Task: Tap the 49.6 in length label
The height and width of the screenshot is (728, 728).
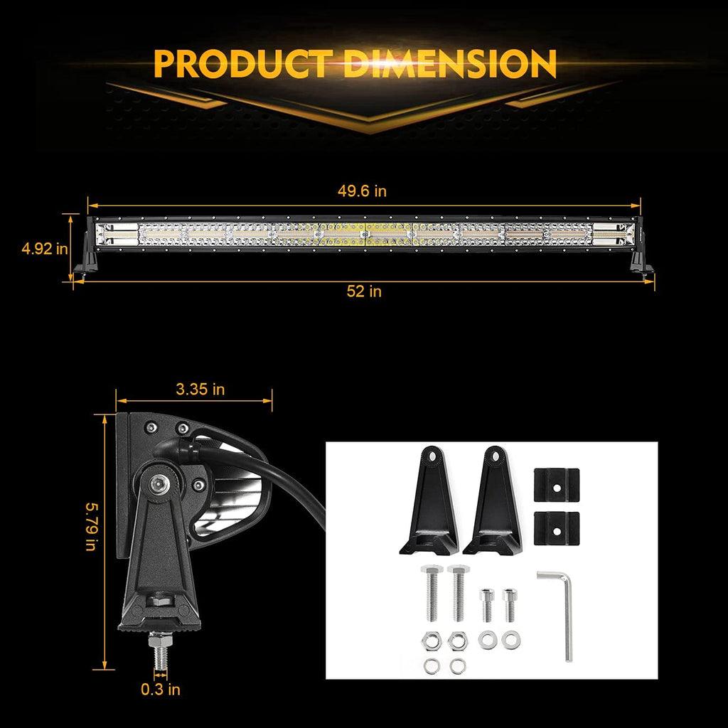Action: [363, 191]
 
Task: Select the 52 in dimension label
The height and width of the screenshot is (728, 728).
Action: [365, 291]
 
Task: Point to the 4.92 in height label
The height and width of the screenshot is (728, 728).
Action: [45, 249]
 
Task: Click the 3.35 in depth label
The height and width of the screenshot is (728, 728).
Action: [200, 389]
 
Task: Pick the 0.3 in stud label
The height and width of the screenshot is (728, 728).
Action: [160, 689]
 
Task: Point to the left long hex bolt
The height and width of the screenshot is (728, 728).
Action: [430, 590]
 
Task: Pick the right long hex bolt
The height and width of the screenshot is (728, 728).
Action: [457, 590]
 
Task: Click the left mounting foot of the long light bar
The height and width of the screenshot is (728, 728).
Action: [85, 257]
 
